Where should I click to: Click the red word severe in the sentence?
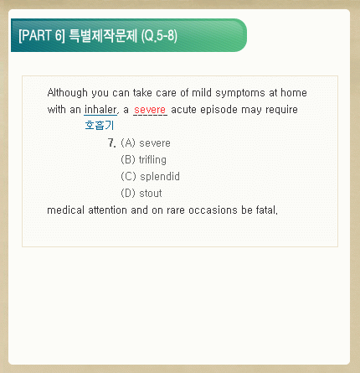pos(150,110)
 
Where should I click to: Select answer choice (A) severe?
pos(146,143)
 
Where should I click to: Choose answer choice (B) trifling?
pos(143,160)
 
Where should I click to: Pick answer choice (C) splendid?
pos(150,177)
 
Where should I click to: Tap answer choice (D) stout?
pos(141,193)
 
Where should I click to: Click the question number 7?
pos(111,143)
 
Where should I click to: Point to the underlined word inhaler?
pos(100,110)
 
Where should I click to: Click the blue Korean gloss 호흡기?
pos(100,125)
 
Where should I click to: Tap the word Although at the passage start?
pos(67,93)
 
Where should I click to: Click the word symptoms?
pos(240,93)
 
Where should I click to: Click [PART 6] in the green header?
pos(42,35)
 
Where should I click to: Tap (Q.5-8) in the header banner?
pos(159,36)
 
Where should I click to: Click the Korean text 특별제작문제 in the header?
pos(103,36)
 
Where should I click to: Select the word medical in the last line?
pos(66,210)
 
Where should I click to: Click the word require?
pos(281,110)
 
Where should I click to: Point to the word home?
pos(294,92)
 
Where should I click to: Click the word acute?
pos(184,110)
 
